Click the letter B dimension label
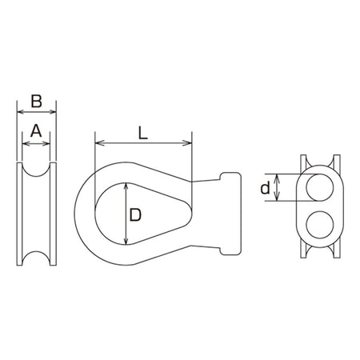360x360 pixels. click(37, 101)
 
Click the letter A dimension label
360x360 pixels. click(36, 131)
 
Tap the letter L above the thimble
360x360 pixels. click(142, 133)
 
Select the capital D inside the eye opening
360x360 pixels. click(135, 215)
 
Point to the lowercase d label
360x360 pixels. click(265, 188)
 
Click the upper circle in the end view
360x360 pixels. click(320, 187)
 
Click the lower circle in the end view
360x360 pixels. click(320, 224)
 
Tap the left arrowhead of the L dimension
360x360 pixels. click(99, 143)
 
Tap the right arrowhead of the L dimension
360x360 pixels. click(187, 143)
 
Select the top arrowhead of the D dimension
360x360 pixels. click(126, 187)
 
